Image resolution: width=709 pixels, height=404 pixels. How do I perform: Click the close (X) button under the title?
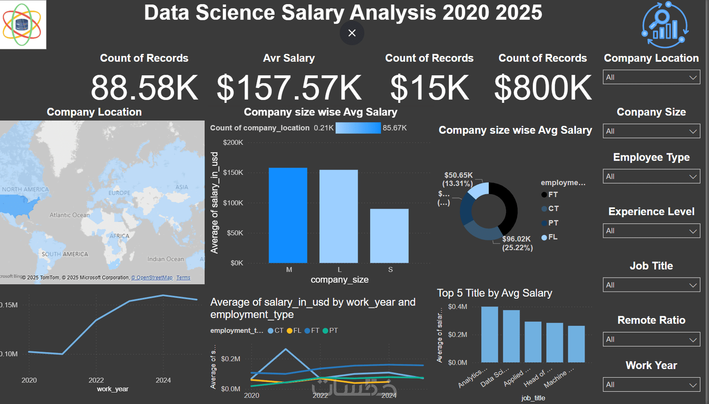pyautogui.click(x=352, y=33)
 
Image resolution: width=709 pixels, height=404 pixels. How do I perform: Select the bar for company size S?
pyautogui.click(x=389, y=236)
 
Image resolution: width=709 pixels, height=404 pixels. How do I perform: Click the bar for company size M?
pyautogui.click(x=288, y=215)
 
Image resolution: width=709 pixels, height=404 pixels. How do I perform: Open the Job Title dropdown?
pyautogui.click(x=651, y=285)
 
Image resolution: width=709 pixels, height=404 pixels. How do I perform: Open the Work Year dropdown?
pyautogui.click(x=651, y=384)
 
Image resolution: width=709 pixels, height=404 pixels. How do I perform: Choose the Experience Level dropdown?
pyautogui.click(x=651, y=231)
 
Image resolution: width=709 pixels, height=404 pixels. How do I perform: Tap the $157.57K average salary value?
pyautogui.click(x=289, y=88)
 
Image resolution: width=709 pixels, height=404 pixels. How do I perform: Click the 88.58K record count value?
pyautogui.click(x=144, y=88)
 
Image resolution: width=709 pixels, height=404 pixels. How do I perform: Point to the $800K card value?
pyautogui.click(x=543, y=88)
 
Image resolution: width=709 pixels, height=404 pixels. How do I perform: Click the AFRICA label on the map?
pyautogui.click(x=120, y=236)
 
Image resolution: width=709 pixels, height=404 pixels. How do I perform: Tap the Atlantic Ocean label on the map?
pyautogui.click(x=70, y=215)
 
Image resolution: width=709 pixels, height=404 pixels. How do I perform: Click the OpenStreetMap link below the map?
pyautogui.click(x=152, y=278)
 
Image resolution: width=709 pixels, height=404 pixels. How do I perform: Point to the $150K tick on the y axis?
pyautogui.click(x=233, y=172)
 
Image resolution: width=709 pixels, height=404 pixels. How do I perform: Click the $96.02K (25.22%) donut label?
pyautogui.click(x=517, y=243)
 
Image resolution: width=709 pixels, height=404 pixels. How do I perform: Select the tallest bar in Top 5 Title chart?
pyautogui.click(x=489, y=334)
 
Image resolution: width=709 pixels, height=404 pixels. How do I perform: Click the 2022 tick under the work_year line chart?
pyautogui.click(x=96, y=380)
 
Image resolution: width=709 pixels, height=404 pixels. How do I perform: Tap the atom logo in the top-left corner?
pyautogui.click(x=22, y=25)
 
